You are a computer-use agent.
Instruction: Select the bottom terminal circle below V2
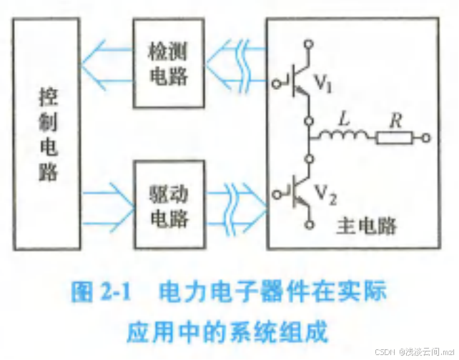point(309,226)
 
